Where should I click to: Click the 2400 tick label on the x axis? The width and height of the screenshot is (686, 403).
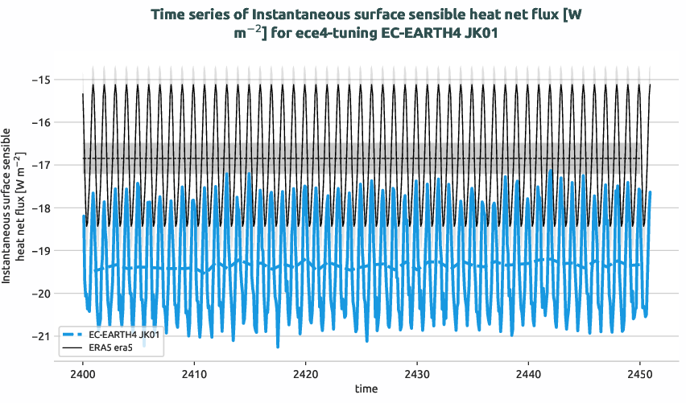click(x=83, y=374)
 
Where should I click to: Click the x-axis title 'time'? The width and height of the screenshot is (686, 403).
click(x=366, y=389)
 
